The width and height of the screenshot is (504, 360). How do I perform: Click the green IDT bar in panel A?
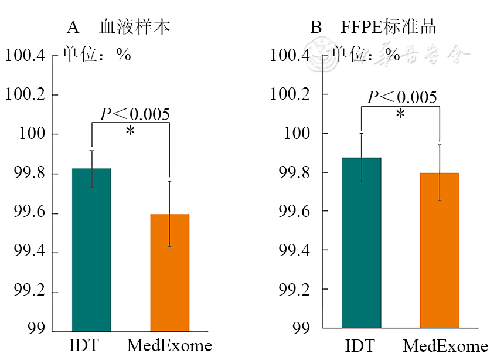[x=91, y=249]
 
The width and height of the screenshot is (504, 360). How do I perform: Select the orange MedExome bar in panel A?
[x=169, y=273]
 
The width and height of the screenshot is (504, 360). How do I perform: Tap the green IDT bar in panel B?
[x=362, y=243]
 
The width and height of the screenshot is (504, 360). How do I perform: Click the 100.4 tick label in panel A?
[x=25, y=56]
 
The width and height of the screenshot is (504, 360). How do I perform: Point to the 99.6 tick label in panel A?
[x=29, y=213]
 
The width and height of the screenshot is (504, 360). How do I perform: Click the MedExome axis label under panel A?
[x=169, y=345]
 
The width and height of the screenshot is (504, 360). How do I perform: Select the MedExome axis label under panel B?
[x=445, y=345]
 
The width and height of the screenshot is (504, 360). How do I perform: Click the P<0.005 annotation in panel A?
[x=135, y=114]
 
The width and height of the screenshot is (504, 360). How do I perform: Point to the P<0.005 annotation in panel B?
[x=402, y=97]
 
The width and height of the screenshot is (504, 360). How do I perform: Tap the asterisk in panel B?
[x=400, y=115]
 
